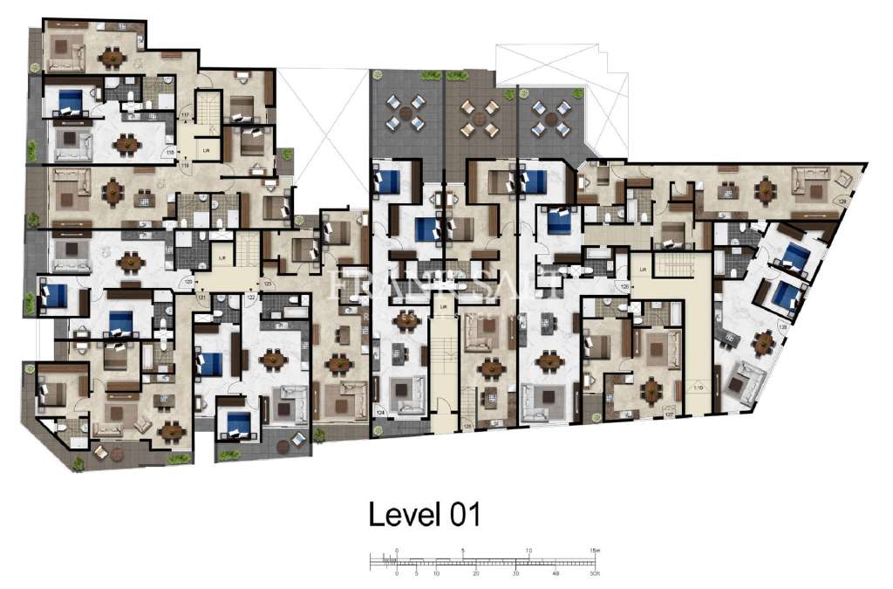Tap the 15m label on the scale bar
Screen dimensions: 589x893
pyautogui.click(x=594, y=551)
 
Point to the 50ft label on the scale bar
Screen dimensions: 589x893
pyautogui.click(x=594, y=574)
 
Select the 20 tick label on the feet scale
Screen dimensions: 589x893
pyautogui.click(x=476, y=574)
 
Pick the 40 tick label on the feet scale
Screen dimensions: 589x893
pyautogui.click(x=556, y=574)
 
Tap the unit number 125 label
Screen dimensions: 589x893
pyautogui.click(x=468, y=426)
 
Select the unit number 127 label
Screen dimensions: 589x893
pyautogui.click(x=669, y=414)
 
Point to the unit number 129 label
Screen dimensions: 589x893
pyautogui.click(x=842, y=202)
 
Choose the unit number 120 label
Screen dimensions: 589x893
pyautogui.click(x=187, y=282)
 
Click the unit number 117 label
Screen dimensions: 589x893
pyautogui.click(x=184, y=115)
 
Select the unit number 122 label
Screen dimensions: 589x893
pyautogui.click(x=251, y=298)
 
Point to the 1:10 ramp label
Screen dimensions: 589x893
pyautogui.click(x=697, y=387)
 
